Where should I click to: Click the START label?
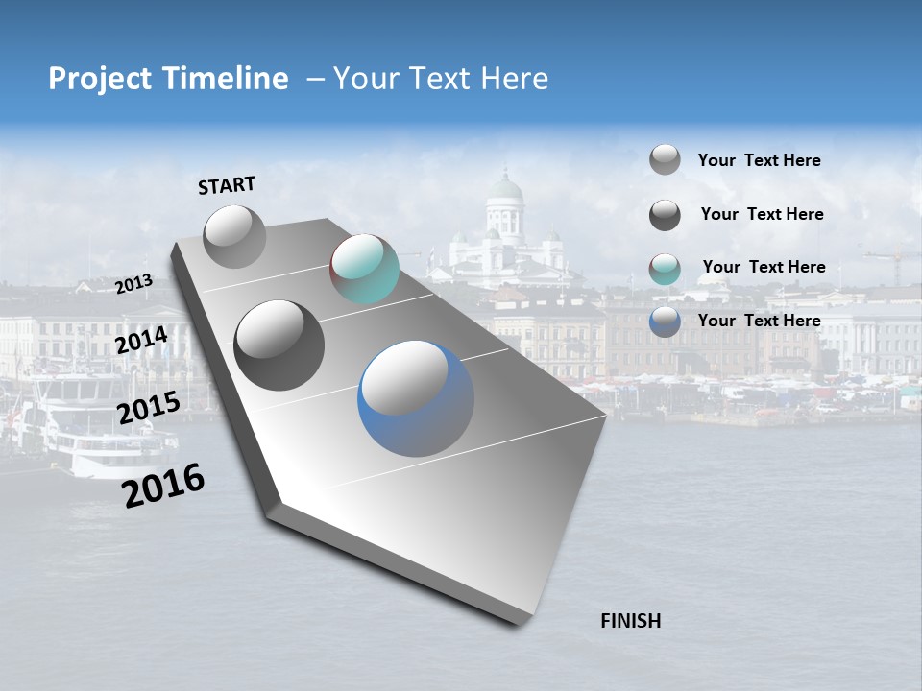tap(227, 185)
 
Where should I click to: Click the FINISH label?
tap(631, 621)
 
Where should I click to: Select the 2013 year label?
tap(133, 284)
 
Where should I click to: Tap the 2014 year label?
tap(141, 340)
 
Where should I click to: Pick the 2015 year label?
tap(148, 408)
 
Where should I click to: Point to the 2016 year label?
tap(163, 486)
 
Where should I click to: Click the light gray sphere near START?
tap(234, 236)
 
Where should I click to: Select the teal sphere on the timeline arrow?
tap(364, 269)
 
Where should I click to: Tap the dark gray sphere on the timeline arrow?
tap(279, 345)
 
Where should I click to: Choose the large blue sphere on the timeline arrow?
tap(415, 398)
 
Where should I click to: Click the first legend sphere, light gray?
tap(665, 159)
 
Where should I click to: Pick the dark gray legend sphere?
tap(665, 215)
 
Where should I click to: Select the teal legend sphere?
tap(665, 269)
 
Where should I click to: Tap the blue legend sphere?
tap(665, 322)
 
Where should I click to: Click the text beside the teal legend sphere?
tap(764, 267)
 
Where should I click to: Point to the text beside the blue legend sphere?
tap(759, 321)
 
